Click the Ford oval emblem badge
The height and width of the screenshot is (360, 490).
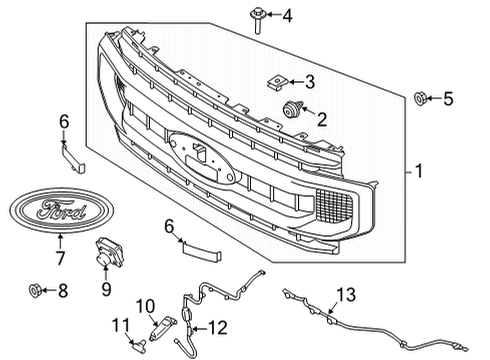point(57,211)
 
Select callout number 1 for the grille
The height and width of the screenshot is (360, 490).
point(421,172)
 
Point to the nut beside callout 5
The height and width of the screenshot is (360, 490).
point(420,98)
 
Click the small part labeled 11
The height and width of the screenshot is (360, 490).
point(138,345)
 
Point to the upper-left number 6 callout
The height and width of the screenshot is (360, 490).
point(64,121)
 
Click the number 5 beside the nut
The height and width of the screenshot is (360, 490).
point(448,98)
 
